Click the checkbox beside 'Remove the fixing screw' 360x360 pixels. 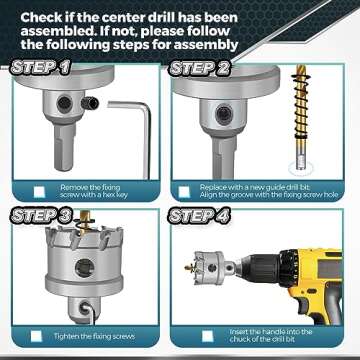click(39, 192)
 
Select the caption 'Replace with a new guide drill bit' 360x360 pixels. click(266, 186)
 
